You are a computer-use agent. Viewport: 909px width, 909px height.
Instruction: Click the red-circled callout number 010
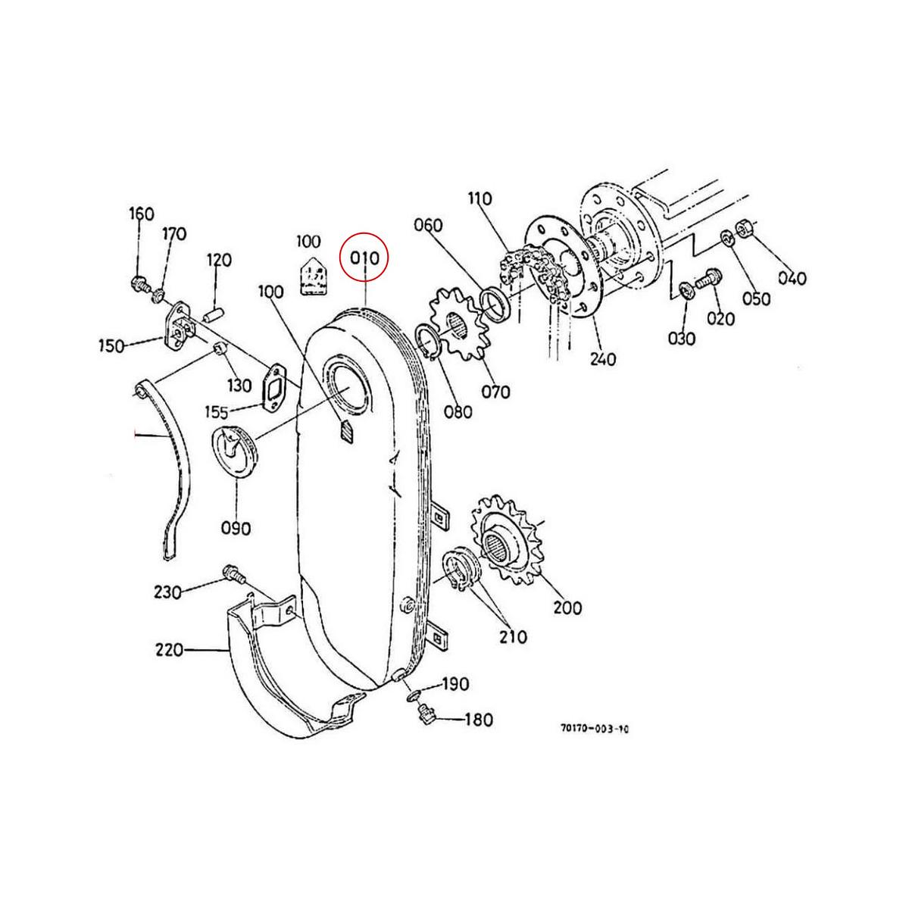tap(364, 258)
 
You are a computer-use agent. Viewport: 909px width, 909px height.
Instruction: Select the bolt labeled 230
tap(233, 576)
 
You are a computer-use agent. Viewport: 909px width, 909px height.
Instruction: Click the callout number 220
tap(167, 649)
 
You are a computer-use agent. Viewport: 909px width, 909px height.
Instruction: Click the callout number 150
tap(113, 346)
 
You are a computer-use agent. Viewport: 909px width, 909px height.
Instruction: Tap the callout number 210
tap(512, 636)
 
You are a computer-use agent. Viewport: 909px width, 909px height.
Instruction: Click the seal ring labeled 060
tap(493, 303)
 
